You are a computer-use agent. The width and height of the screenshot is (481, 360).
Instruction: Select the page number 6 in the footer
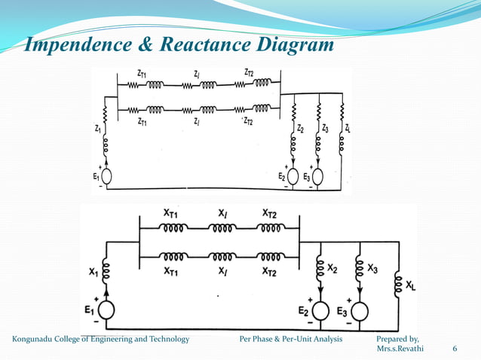[x=454, y=349]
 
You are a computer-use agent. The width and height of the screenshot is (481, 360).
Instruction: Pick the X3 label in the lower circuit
[x=372, y=267]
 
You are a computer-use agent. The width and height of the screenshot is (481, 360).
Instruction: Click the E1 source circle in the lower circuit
[x=107, y=310]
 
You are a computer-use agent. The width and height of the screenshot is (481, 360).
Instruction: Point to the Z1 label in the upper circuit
[x=97, y=129]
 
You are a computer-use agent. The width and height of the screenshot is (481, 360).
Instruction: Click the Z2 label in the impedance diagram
[x=300, y=129]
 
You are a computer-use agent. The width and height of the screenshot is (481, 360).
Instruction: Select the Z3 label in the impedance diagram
[x=325, y=129]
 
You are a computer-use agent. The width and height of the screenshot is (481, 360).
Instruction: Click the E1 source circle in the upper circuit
[x=106, y=177]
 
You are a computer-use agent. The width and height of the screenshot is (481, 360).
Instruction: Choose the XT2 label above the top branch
[x=269, y=214]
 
